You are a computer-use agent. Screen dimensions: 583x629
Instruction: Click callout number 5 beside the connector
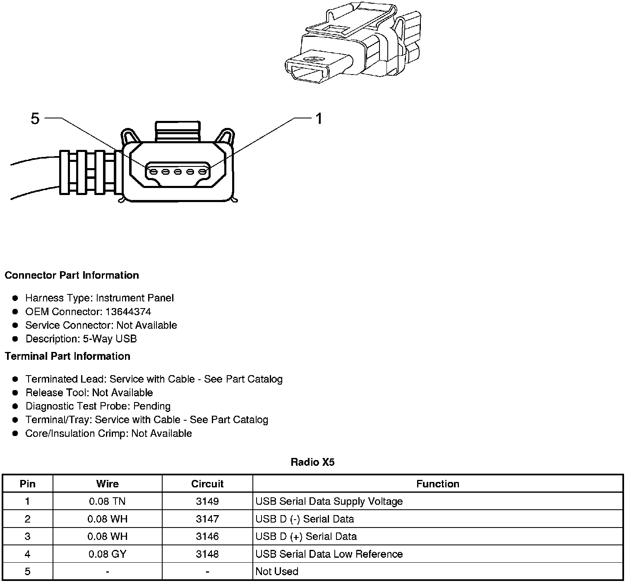35,119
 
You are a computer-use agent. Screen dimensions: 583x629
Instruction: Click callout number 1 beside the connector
319,119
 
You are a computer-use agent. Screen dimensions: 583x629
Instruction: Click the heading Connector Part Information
72,275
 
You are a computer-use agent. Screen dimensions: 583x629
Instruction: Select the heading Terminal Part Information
67,356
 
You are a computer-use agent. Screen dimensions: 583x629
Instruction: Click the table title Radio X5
312,462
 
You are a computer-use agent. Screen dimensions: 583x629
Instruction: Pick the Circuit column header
207,484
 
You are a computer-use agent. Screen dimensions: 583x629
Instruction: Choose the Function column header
437,484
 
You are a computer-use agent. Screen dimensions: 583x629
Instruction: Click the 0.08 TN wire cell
107,501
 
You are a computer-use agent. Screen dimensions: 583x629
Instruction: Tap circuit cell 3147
207,519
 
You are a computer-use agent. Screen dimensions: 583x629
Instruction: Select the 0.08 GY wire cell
107,554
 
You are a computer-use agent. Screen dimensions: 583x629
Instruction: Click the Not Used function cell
277,571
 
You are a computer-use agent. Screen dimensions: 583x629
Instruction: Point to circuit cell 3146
207,536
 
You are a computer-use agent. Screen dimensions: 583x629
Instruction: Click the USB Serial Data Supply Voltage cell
329,501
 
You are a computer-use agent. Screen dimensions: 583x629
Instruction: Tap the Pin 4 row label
27,554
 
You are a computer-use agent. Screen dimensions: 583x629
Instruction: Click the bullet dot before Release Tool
15,393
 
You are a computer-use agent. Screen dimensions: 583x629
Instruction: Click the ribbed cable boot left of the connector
89,172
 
